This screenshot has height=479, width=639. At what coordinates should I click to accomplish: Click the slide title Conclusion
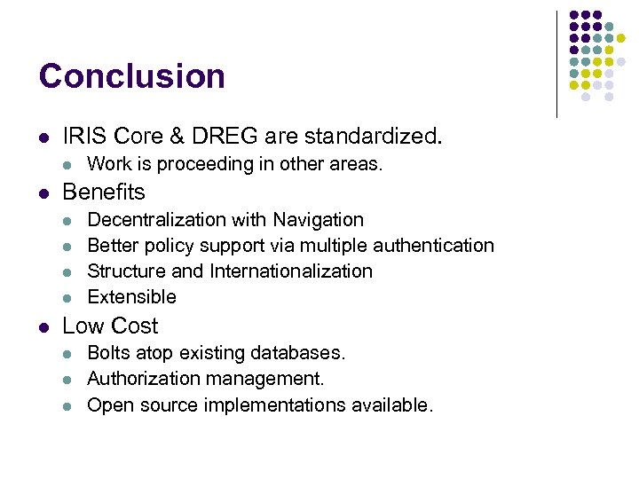tap(131, 76)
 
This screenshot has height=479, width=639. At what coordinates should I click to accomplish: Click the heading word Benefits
tap(104, 192)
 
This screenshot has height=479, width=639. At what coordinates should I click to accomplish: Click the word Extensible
tap(132, 296)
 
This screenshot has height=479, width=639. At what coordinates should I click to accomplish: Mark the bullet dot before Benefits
tap(44, 192)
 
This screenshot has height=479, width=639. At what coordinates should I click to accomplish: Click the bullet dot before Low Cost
tap(44, 326)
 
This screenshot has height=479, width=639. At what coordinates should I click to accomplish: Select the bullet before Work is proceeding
tap(69, 165)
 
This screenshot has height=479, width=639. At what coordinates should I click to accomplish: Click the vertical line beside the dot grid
tap(556, 62)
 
